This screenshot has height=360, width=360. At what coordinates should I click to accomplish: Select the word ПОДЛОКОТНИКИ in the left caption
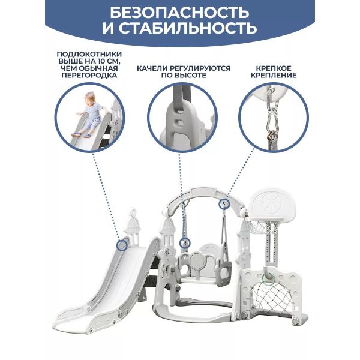tap(89, 55)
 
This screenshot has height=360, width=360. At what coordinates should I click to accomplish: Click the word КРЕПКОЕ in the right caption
tap(274, 68)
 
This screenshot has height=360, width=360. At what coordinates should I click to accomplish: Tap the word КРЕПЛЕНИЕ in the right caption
tap(274, 76)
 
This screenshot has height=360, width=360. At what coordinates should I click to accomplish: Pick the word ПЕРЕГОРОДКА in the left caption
tap(89, 75)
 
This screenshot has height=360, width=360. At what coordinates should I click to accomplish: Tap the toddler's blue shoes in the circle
tap(80, 135)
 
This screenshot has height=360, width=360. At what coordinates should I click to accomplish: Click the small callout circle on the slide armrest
tap(122, 245)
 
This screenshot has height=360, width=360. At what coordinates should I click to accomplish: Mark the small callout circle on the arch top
tap(224, 204)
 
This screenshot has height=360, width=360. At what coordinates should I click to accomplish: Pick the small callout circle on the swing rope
tap(185, 242)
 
